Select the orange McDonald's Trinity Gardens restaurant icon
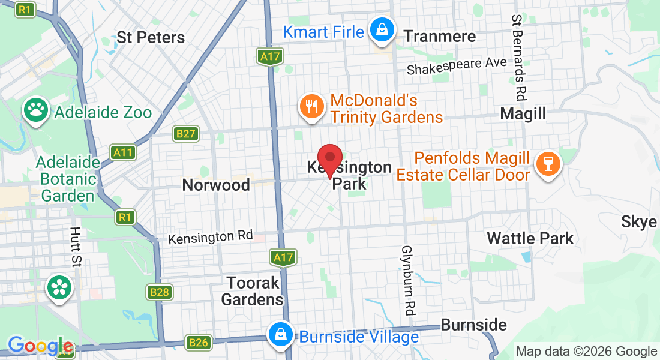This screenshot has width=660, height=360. (x=310, y=107)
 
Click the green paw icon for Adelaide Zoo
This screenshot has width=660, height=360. (x=36, y=110)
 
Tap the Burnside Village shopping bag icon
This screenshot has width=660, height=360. (x=280, y=335)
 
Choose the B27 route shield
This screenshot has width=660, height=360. (x=185, y=133)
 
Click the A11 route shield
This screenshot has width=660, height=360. (x=124, y=152)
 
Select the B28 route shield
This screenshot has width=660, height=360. (x=159, y=292)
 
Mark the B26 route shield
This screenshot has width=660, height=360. (x=199, y=343)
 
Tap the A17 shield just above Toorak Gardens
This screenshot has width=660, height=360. (x=283, y=258)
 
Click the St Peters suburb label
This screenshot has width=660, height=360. (x=151, y=37)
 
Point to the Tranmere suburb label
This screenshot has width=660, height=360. (x=439, y=36)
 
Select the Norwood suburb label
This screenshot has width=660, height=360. (x=216, y=185)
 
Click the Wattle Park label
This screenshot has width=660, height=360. (x=530, y=238)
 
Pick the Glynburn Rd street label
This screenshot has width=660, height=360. (x=408, y=280)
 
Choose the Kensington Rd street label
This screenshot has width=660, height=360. (x=211, y=237)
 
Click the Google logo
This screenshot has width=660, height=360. (x=40, y=346)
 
